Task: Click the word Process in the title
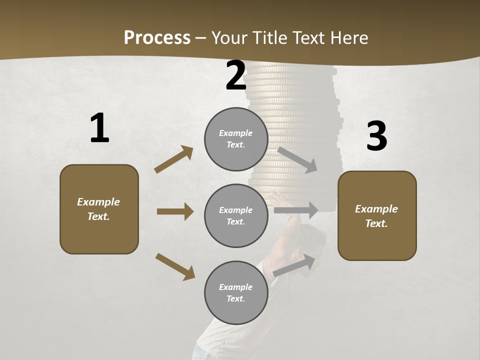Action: [157, 38]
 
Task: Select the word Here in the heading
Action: [348, 38]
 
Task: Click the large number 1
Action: [99, 128]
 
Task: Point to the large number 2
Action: [236, 76]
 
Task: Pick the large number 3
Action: [376, 136]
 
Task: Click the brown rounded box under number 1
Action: [99, 209]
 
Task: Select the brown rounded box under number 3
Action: [377, 216]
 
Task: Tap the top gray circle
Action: [236, 139]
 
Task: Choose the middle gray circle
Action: [236, 216]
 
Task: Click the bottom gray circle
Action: [236, 293]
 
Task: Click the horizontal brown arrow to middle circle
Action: [175, 211]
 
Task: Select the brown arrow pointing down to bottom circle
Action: [175, 266]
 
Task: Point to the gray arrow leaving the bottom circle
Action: [294, 265]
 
